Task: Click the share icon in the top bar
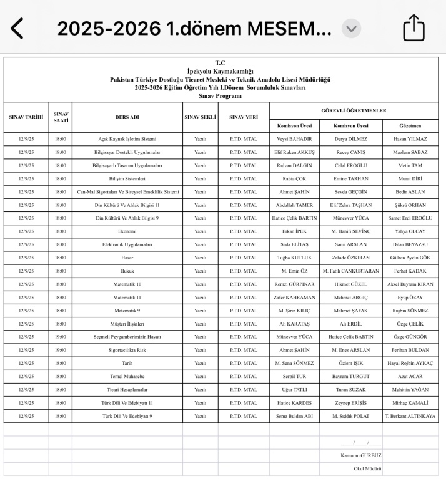tap(414, 28)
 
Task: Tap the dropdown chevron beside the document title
tap(351, 28)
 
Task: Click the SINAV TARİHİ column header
tap(26, 117)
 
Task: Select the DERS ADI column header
tap(127, 117)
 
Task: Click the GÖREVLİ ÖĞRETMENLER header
tap(354, 110)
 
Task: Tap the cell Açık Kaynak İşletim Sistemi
tap(127, 138)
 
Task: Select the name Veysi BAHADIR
tap(294, 138)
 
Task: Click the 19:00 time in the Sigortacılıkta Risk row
tap(60, 350)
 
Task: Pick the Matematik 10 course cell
tap(127, 284)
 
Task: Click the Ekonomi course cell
tap(127, 231)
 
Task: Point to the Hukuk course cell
tap(127, 271)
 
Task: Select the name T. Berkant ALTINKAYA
tap(410, 416)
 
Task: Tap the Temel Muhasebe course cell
tap(127, 376)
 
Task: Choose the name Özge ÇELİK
tap(410, 324)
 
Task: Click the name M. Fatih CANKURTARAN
tap(351, 271)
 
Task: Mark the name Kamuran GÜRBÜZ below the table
tap(360, 455)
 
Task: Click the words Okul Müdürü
tap(367, 468)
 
